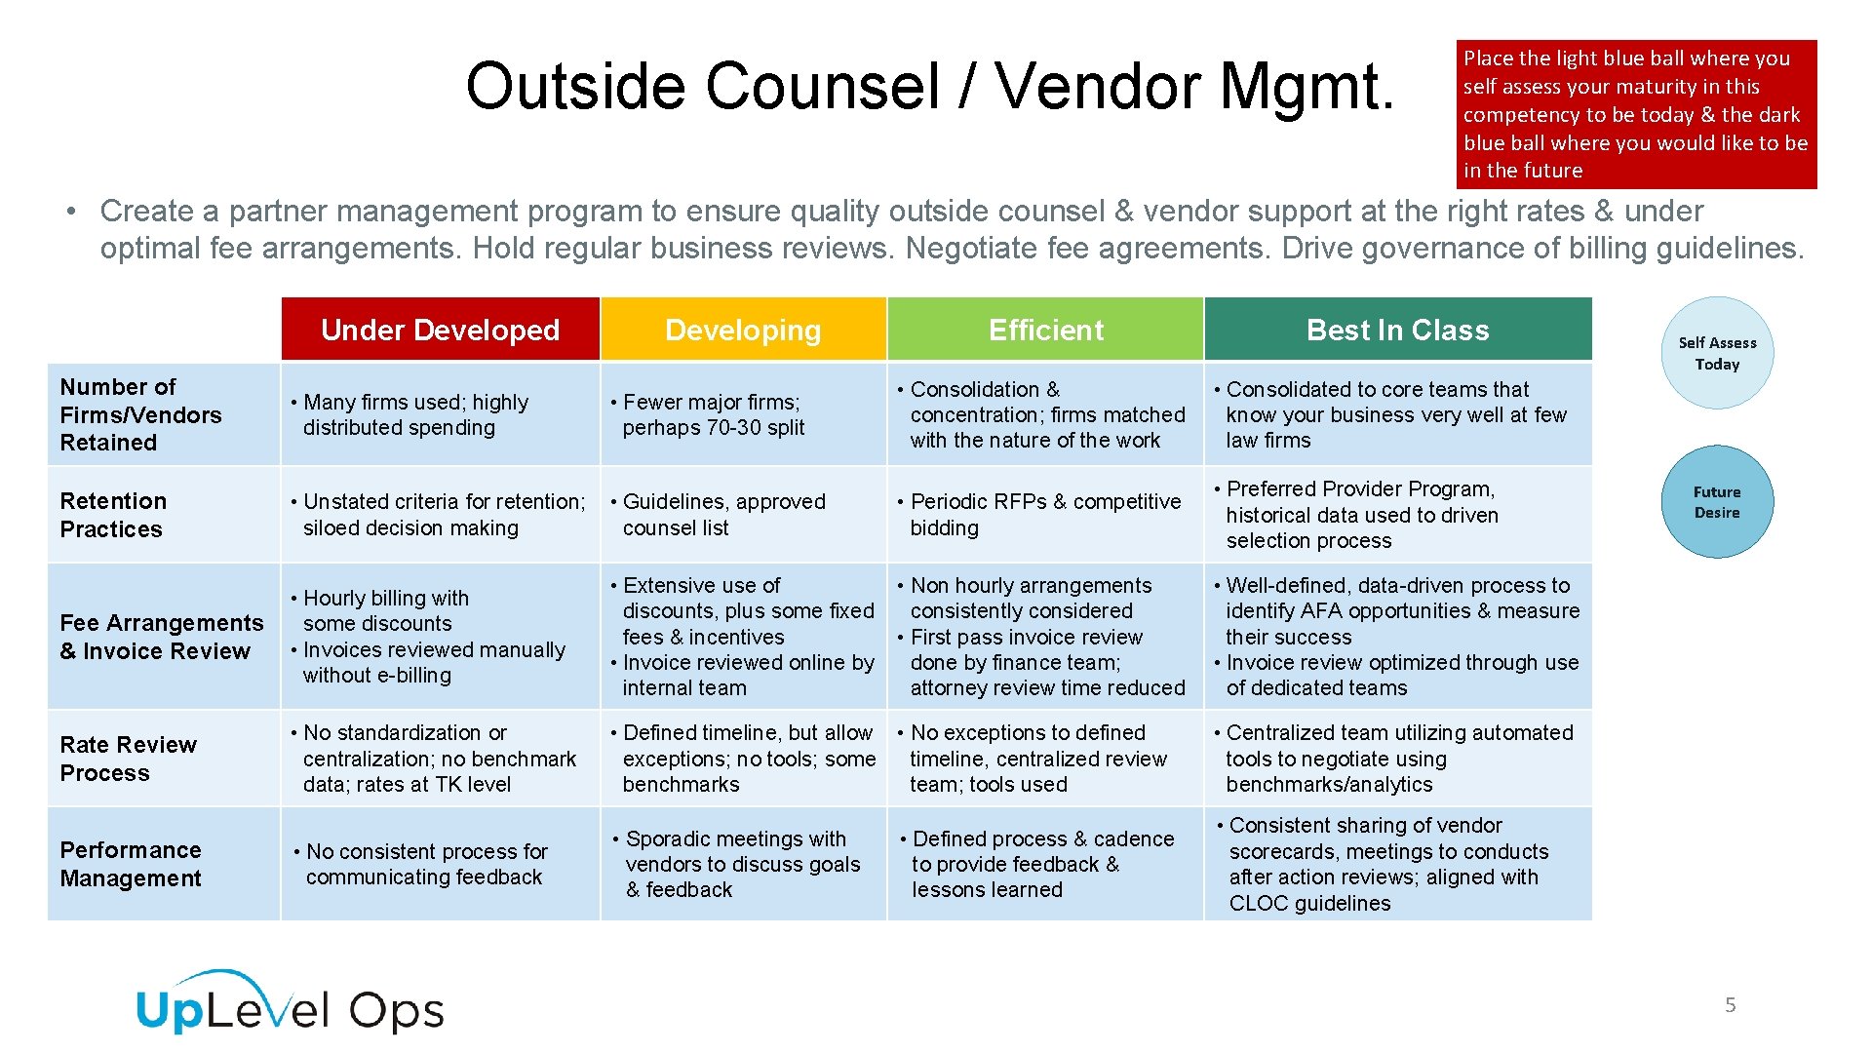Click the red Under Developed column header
click(x=440, y=330)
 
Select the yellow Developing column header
click(x=743, y=330)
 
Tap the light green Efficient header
click(x=1045, y=330)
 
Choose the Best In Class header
click(x=1397, y=330)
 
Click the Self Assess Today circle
click(x=1717, y=353)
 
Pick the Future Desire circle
click(x=1717, y=502)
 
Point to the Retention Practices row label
click(x=113, y=515)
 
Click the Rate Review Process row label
click(x=128, y=759)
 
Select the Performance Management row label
click(x=131, y=864)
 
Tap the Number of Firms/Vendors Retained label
click(x=140, y=414)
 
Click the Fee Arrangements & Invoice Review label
click(x=161, y=637)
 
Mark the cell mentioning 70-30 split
click(x=743, y=414)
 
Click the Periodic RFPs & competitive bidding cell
click(x=1045, y=515)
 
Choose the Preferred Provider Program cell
click(x=1397, y=515)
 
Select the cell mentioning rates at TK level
click(x=440, y=759)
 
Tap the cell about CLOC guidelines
click(x=1397, y=864)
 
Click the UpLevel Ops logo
click(x=291, y=1004)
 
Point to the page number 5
click(x=1731, y=1005)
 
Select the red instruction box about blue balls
click(x=1636, y=114)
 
